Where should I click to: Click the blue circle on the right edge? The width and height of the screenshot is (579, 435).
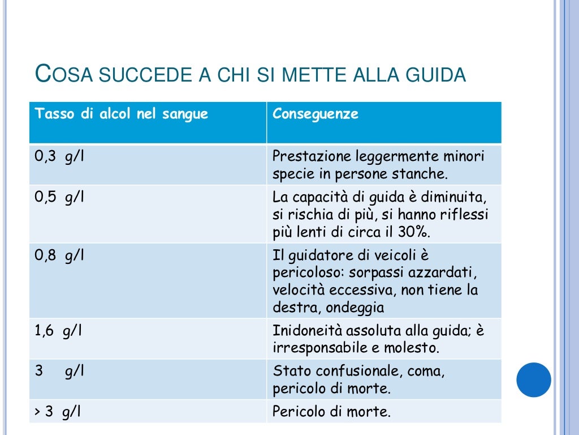[534, 379]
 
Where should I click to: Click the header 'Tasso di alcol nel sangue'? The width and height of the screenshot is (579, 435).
[122, 114]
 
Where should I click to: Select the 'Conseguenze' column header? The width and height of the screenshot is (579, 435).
[316, 114]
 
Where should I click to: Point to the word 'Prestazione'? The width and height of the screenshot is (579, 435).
[310, 156]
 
